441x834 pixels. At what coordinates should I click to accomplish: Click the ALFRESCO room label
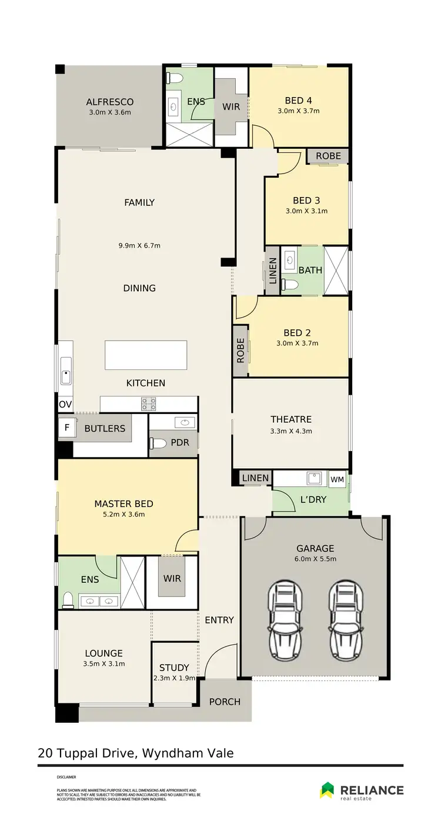click(110, 102)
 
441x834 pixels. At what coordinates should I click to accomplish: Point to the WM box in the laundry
click(337, 479)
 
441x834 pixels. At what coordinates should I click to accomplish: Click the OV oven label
click(64, 405)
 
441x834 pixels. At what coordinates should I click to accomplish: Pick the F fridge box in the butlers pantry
click(66, 428)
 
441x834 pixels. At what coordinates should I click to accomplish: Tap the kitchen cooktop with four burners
click(149, 404)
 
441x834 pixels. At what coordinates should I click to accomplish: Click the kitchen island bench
click(146, 355)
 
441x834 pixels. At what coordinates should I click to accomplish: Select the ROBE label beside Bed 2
click(240, 351)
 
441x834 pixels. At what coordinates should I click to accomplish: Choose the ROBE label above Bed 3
click(328, 156)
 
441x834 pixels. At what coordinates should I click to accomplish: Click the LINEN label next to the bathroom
click(272, 271)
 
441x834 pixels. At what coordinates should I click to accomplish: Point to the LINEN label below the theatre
click(255, 478)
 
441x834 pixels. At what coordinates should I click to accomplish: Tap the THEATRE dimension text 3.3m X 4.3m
click(291, 431)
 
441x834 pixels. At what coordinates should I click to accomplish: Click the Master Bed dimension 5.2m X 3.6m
click(123, 514)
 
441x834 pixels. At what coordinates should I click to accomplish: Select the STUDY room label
click(174, 668)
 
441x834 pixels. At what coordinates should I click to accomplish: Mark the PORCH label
click(225, 701)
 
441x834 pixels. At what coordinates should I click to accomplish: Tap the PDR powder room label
click(179, 442)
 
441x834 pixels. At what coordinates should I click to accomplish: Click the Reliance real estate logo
click(362, 790)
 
